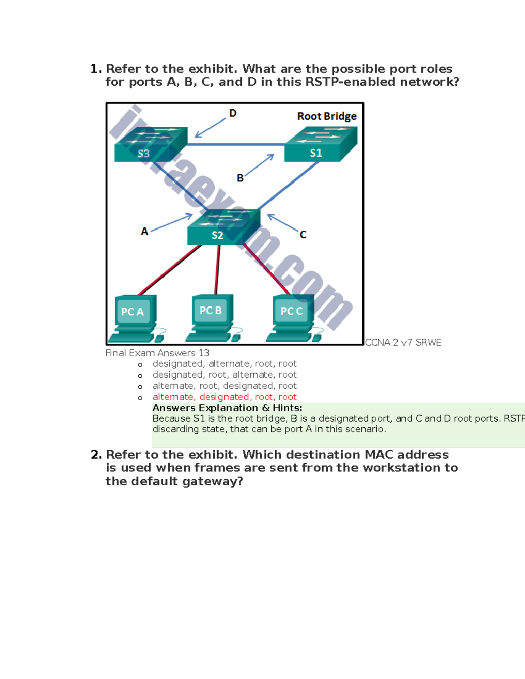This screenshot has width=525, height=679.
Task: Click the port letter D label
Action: coord(233,113)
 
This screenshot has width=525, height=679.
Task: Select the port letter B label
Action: coord(240,178)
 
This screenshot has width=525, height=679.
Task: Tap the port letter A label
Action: coord(144,231)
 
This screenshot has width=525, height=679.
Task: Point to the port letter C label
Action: coord(303,235)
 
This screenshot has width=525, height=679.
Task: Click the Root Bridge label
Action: coord(327,116)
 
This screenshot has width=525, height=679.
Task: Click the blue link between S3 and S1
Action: coord(236,144)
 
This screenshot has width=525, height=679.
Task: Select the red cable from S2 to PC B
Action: coord(217,269)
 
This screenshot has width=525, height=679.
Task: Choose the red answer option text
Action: coord(224,397)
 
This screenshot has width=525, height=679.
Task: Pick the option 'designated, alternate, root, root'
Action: coord(224,364)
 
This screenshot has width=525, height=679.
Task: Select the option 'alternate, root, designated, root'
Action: coord(224,386)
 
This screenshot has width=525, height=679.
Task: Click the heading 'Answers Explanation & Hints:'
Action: coord(227,408)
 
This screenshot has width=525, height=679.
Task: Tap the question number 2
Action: coord(96,455)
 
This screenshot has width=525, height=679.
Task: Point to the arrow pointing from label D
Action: coord(210,129)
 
